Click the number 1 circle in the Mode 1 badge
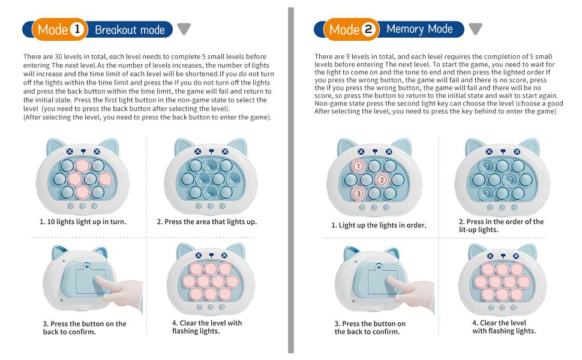point(78,29)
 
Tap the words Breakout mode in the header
point(130,29)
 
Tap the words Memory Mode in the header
point(419,29)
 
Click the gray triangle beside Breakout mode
point(184,29)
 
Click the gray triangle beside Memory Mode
point(475,29)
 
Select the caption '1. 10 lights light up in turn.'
point(83,221)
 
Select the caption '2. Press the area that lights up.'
point(206,221)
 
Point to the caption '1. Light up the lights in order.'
point(379,225)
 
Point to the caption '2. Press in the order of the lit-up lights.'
point(500,225)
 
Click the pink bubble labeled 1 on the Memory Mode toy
point(359,166)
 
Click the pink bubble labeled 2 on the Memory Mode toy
point(382,179)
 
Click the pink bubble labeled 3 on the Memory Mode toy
point(359,193)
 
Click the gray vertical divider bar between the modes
point(291,180)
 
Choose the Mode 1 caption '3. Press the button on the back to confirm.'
point(84,328)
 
